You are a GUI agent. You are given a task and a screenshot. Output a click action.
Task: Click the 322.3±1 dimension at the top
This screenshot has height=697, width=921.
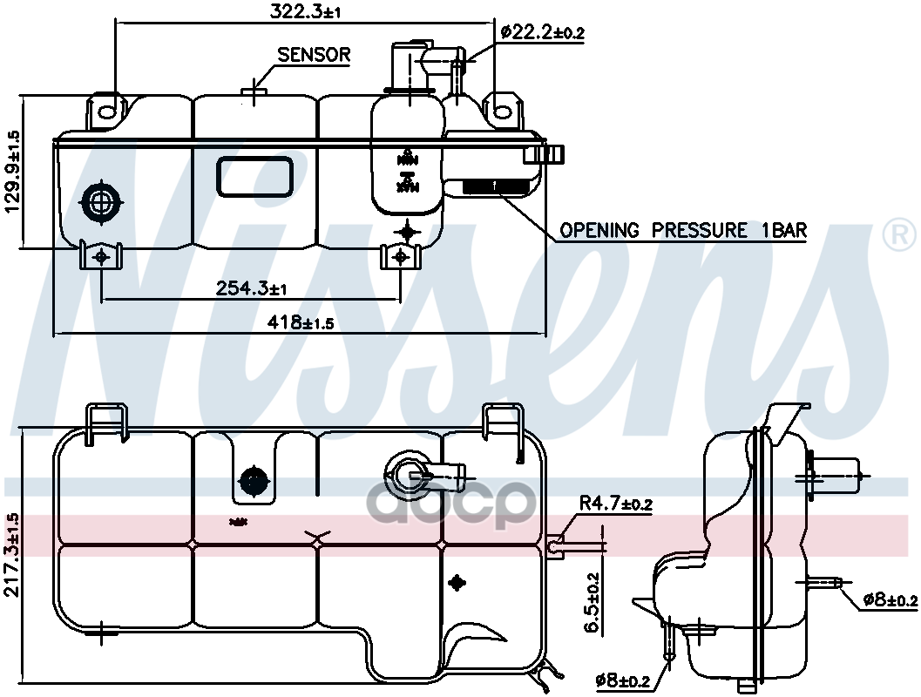point(305,10)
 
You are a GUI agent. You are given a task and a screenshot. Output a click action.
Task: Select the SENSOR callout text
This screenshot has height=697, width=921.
point(314,55)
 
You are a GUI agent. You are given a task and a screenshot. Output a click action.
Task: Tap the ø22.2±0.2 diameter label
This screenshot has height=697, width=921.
point(542,33)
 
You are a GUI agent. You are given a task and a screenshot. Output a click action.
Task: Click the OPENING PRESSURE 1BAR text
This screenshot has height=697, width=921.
point(683,231)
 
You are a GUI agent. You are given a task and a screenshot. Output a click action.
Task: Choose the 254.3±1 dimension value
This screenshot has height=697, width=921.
point(252,288)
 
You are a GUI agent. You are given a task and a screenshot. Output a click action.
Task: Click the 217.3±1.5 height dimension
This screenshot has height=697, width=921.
point(12,554)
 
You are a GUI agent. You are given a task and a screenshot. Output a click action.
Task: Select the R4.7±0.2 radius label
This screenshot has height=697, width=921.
point(617,504)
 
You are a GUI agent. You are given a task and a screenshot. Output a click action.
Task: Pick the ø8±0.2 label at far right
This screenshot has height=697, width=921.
point(890,599)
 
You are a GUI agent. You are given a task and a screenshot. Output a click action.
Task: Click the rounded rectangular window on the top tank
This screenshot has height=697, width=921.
point(254,176)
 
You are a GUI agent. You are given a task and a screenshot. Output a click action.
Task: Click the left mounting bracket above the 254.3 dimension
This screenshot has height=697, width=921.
point(101,255)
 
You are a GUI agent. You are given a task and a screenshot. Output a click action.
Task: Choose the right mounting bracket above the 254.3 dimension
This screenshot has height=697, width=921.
point(401,256)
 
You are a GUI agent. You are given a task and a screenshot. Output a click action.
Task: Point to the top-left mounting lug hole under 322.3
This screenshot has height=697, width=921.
point(107,111)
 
